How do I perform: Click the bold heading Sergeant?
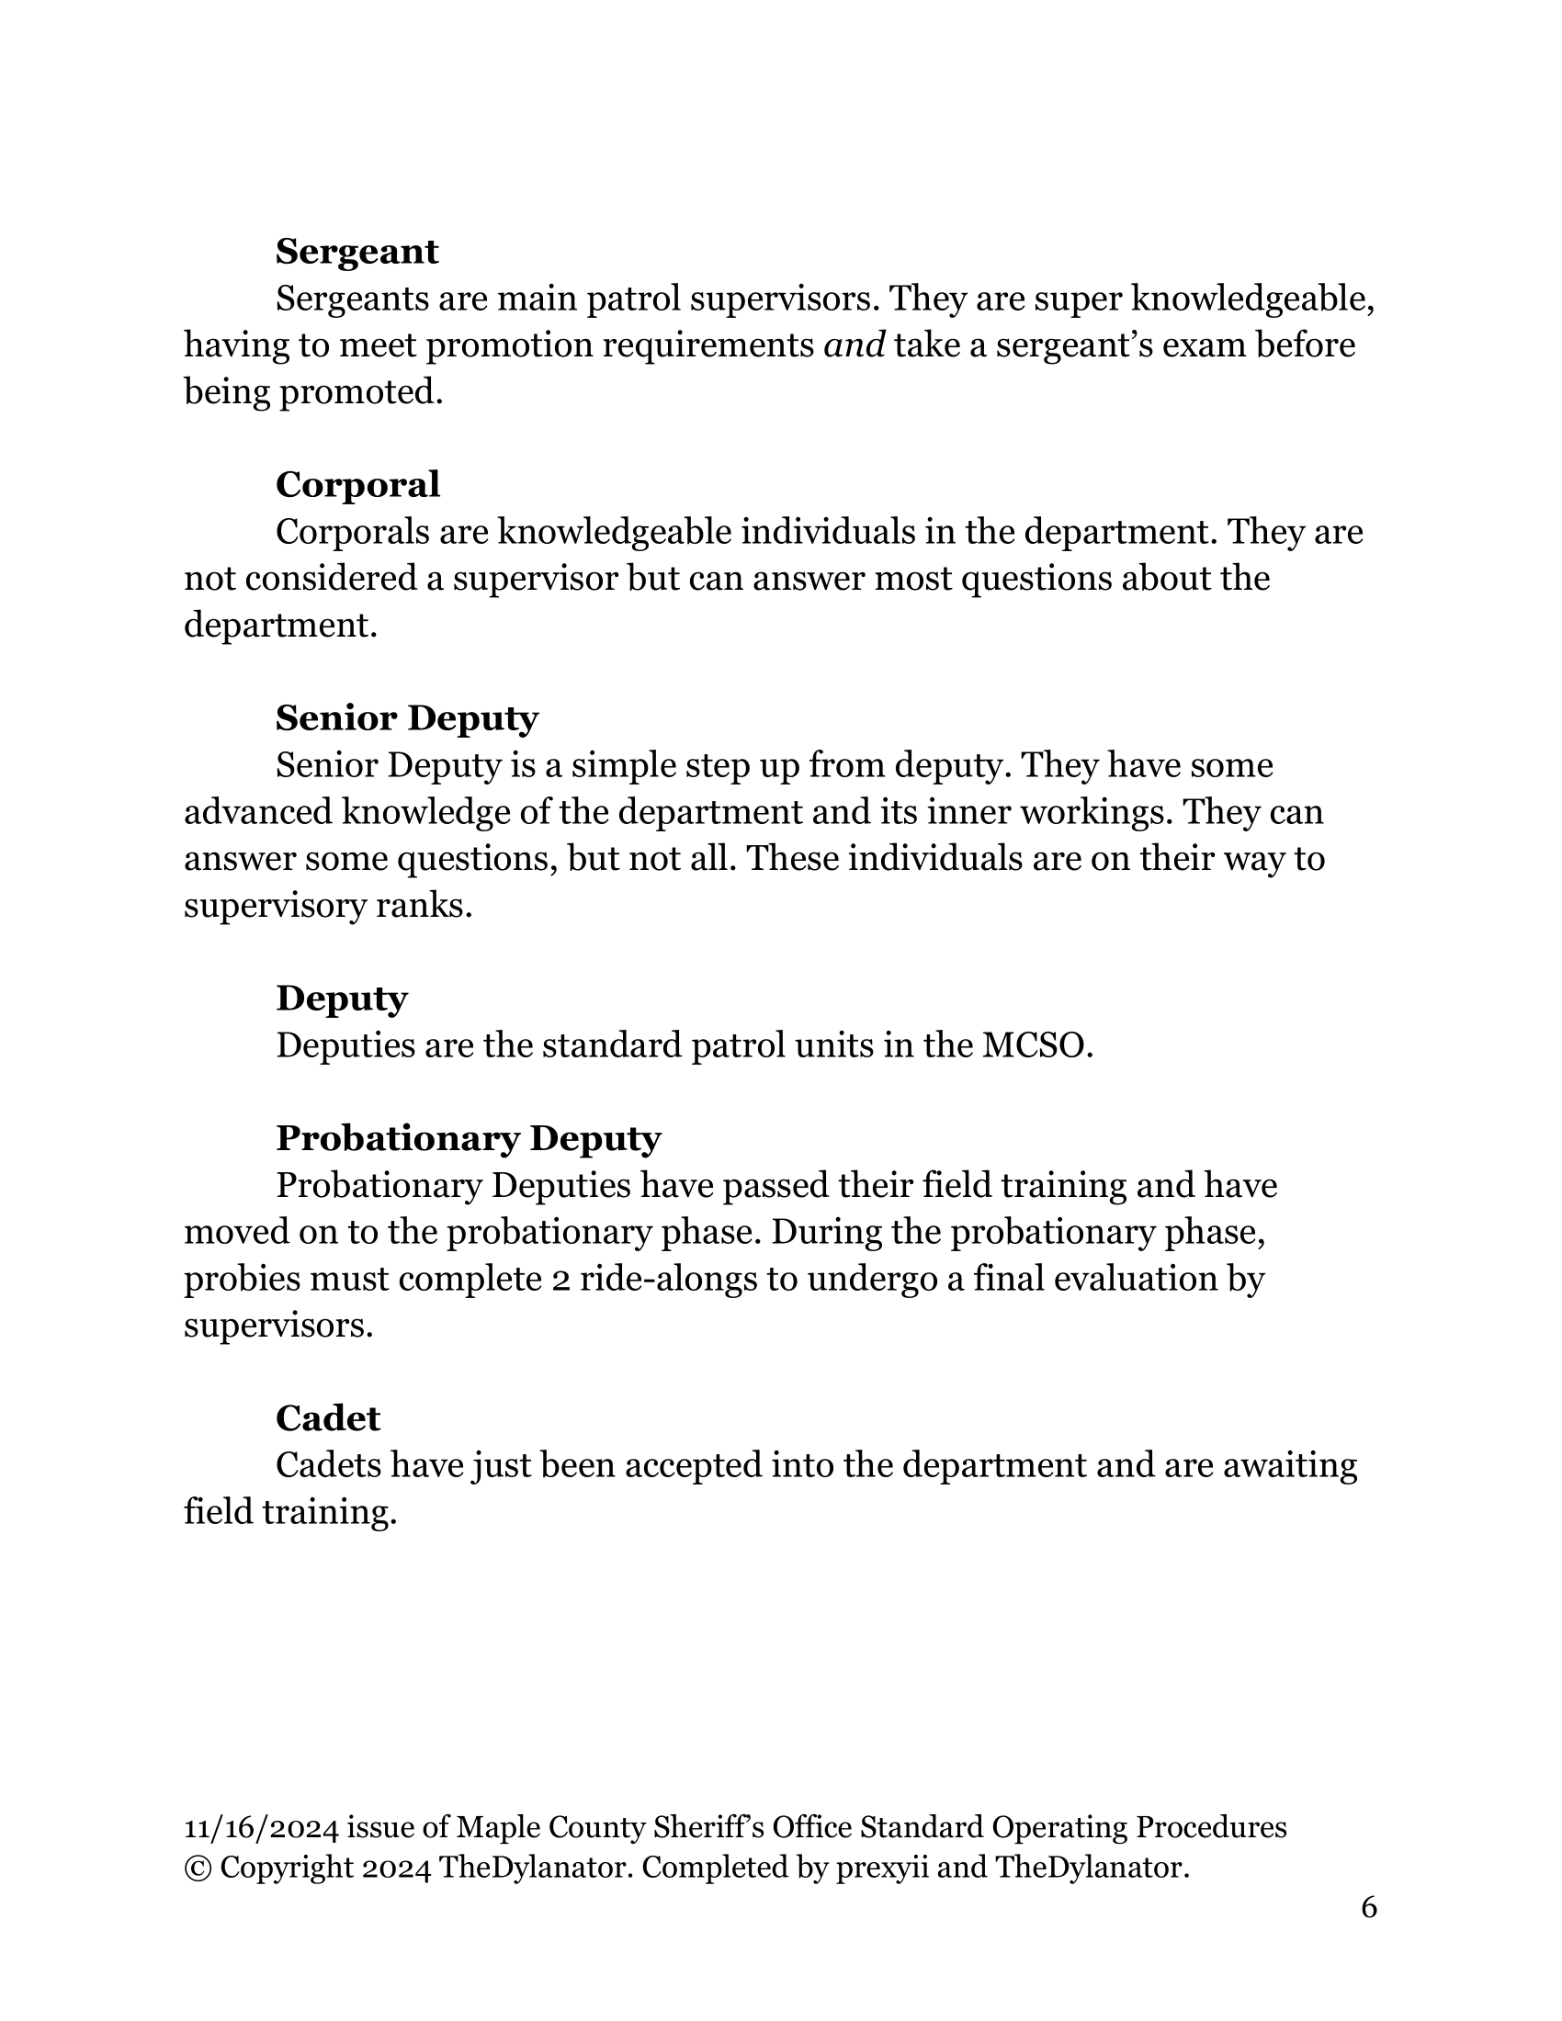coord(357,252)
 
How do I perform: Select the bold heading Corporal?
coord(357,485)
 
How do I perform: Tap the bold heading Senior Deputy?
coord(407,718)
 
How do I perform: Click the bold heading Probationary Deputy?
coord(469,1138)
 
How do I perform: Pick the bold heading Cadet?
coord(328,1418)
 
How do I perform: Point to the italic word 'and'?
coord(855,345)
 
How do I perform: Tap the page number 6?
coord(1369,1907)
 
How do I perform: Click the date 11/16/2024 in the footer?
coord(261,1827)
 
